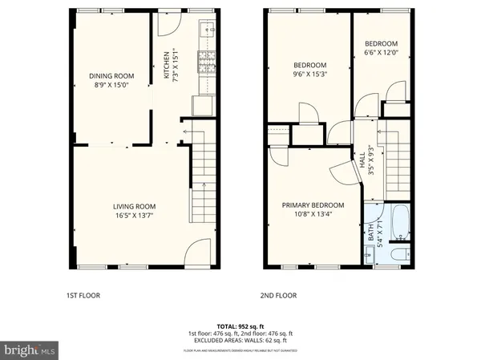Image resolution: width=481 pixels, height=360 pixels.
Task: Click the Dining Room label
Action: point(111,76)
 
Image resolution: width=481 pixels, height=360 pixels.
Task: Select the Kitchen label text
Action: point(167,66)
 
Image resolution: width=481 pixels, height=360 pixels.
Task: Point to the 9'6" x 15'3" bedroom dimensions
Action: point(309,73)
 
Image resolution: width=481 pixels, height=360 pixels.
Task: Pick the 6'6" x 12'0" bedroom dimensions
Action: point(380,53)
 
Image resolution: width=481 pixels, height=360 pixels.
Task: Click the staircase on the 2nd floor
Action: point(396,160)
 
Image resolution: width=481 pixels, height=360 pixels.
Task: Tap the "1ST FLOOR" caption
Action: point(83,295)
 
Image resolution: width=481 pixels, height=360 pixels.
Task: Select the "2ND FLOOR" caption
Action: point(279,295)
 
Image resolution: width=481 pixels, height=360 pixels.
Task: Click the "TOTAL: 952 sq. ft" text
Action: point(240,326)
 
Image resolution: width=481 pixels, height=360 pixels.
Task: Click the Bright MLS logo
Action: point(30,350)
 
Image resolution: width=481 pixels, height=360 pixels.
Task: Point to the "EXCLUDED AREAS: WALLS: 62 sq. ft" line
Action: point(240,341)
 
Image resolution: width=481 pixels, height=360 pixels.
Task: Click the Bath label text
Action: point(370,233)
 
